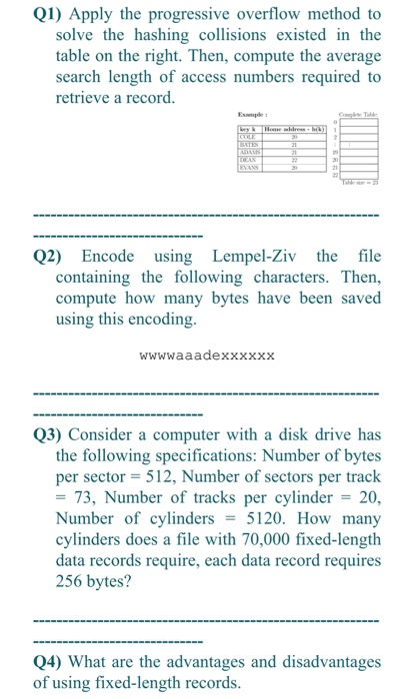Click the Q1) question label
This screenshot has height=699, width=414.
click(49, 14)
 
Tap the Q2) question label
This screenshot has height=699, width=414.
click(49, 256)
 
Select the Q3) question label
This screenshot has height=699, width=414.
click(49, 434)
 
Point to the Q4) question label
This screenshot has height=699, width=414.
click(49, 662)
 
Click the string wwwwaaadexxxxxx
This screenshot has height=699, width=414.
click(207, 354)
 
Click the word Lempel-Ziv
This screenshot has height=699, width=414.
click(254, 256)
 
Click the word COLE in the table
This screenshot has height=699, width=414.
click(246, 138)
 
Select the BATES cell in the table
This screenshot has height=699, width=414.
click(248, 146)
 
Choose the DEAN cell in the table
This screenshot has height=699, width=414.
click(247, 162)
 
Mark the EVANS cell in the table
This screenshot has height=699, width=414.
click(248, 170)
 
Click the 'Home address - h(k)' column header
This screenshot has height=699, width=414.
click(295, 130)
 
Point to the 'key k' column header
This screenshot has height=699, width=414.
click(249, 130)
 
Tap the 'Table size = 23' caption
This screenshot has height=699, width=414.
click(361, 184)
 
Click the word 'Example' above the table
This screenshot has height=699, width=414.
click(251, 115)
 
